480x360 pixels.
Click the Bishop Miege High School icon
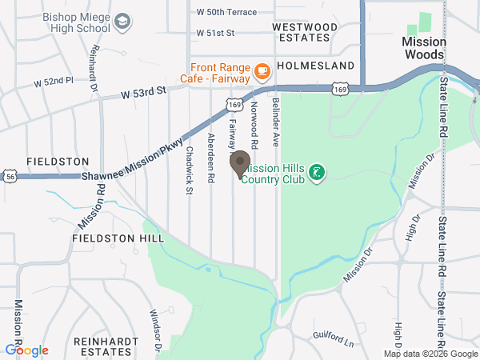coord(122,19)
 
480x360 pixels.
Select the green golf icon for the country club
coord(317,172)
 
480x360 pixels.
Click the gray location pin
coord(240,165)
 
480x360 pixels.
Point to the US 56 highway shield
coord(10,175)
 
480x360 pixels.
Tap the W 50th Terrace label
coord(226,12)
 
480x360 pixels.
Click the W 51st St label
coord(215,33)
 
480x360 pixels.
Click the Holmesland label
coord(315,65)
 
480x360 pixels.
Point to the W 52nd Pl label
coord(54,82)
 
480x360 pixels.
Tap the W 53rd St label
coord(143,93)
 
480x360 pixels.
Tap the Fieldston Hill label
coord(118,238)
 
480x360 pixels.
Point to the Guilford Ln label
coord(333,338)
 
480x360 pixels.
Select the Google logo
coord(26,350)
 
